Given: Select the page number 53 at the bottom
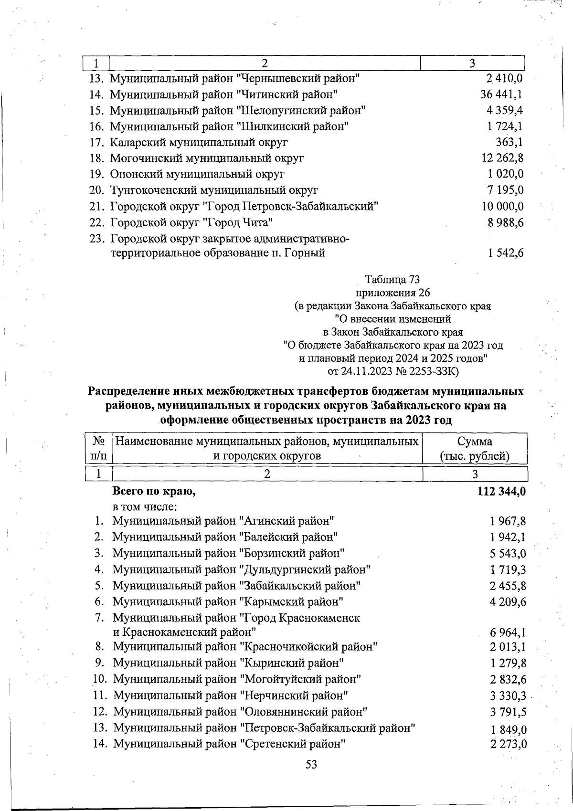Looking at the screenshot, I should (x=311, y=765).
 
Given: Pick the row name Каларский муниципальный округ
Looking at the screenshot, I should (x=199, y=142).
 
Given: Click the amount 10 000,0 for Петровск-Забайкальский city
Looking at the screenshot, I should (x=502, y=206).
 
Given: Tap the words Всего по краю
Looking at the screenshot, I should (x=154, y=491).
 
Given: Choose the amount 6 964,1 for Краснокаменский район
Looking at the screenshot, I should (x=508, y=633).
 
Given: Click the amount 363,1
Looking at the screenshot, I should (x=509, y=142).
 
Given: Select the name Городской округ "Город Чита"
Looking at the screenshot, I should (x=191, y=222).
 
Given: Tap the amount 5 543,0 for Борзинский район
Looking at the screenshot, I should (x=508, y=554).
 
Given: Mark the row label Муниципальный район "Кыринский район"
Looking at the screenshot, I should (x=228, y=663).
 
